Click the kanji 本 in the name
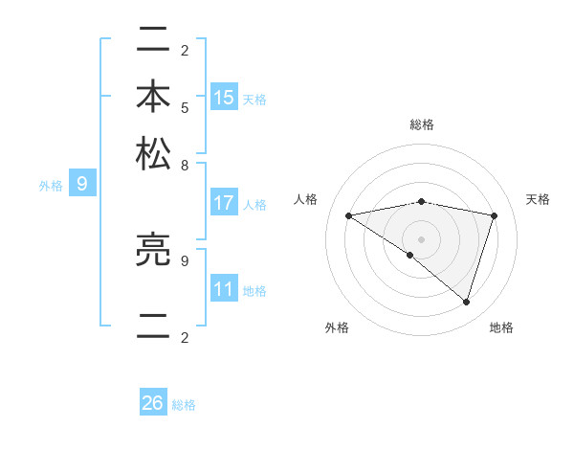[153, 99]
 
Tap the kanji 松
[153, 153]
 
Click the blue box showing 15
[224, 98]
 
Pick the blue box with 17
[224, 203]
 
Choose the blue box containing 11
[224, 289]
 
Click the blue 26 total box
[153, 403]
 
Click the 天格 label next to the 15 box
[254, 99]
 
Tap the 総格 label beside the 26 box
[184, 405]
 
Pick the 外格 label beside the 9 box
[51, 186]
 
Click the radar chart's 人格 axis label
[306, 199]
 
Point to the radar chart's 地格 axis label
[501, 327]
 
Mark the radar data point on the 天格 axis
[495, 215]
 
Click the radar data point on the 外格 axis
[410, 255]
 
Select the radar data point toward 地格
[466, 303]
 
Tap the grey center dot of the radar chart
[421, 238]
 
